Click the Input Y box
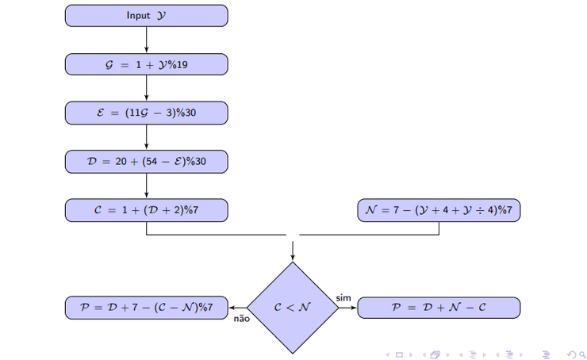pos(146,16)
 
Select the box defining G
pos(146,64)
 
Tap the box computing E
pos(146,113)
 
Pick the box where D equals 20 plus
pos(146,162)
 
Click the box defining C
pos(146,210)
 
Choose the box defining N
pos(439,210)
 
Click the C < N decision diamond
pos(293,308)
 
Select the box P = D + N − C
pos(439,308)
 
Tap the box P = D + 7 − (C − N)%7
pos(146,308)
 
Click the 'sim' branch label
pos(343,297)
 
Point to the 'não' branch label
pos(241,319)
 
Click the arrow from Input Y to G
pos(146,40)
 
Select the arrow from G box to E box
pos(146,89)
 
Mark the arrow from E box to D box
pos(146,137)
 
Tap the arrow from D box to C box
pos(146,186)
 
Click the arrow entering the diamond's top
pos(293,250)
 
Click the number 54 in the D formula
pos(155,162)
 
